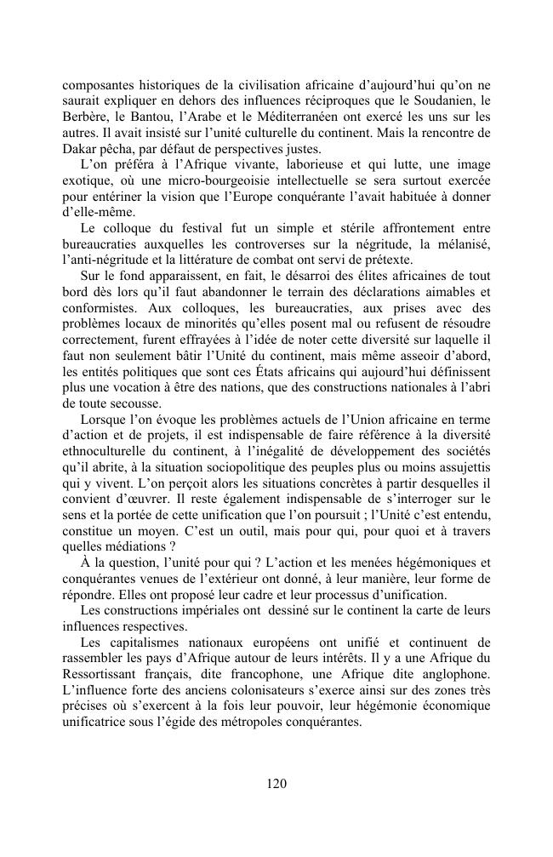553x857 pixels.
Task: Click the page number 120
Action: [x=276, y=784]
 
